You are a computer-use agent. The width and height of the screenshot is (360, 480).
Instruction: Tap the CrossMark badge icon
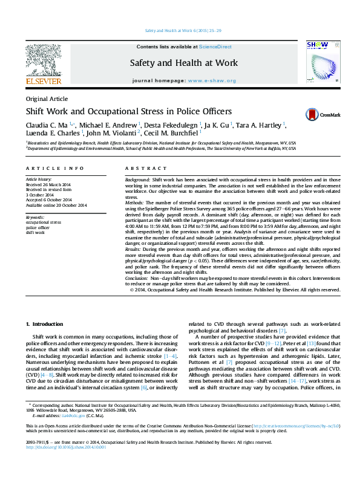pos(311,114)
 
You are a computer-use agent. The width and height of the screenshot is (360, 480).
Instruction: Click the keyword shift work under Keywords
pos(36,232)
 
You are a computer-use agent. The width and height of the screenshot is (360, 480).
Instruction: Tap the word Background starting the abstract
pos(137,181)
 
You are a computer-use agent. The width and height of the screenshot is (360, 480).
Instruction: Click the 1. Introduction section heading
pos(48,325)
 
